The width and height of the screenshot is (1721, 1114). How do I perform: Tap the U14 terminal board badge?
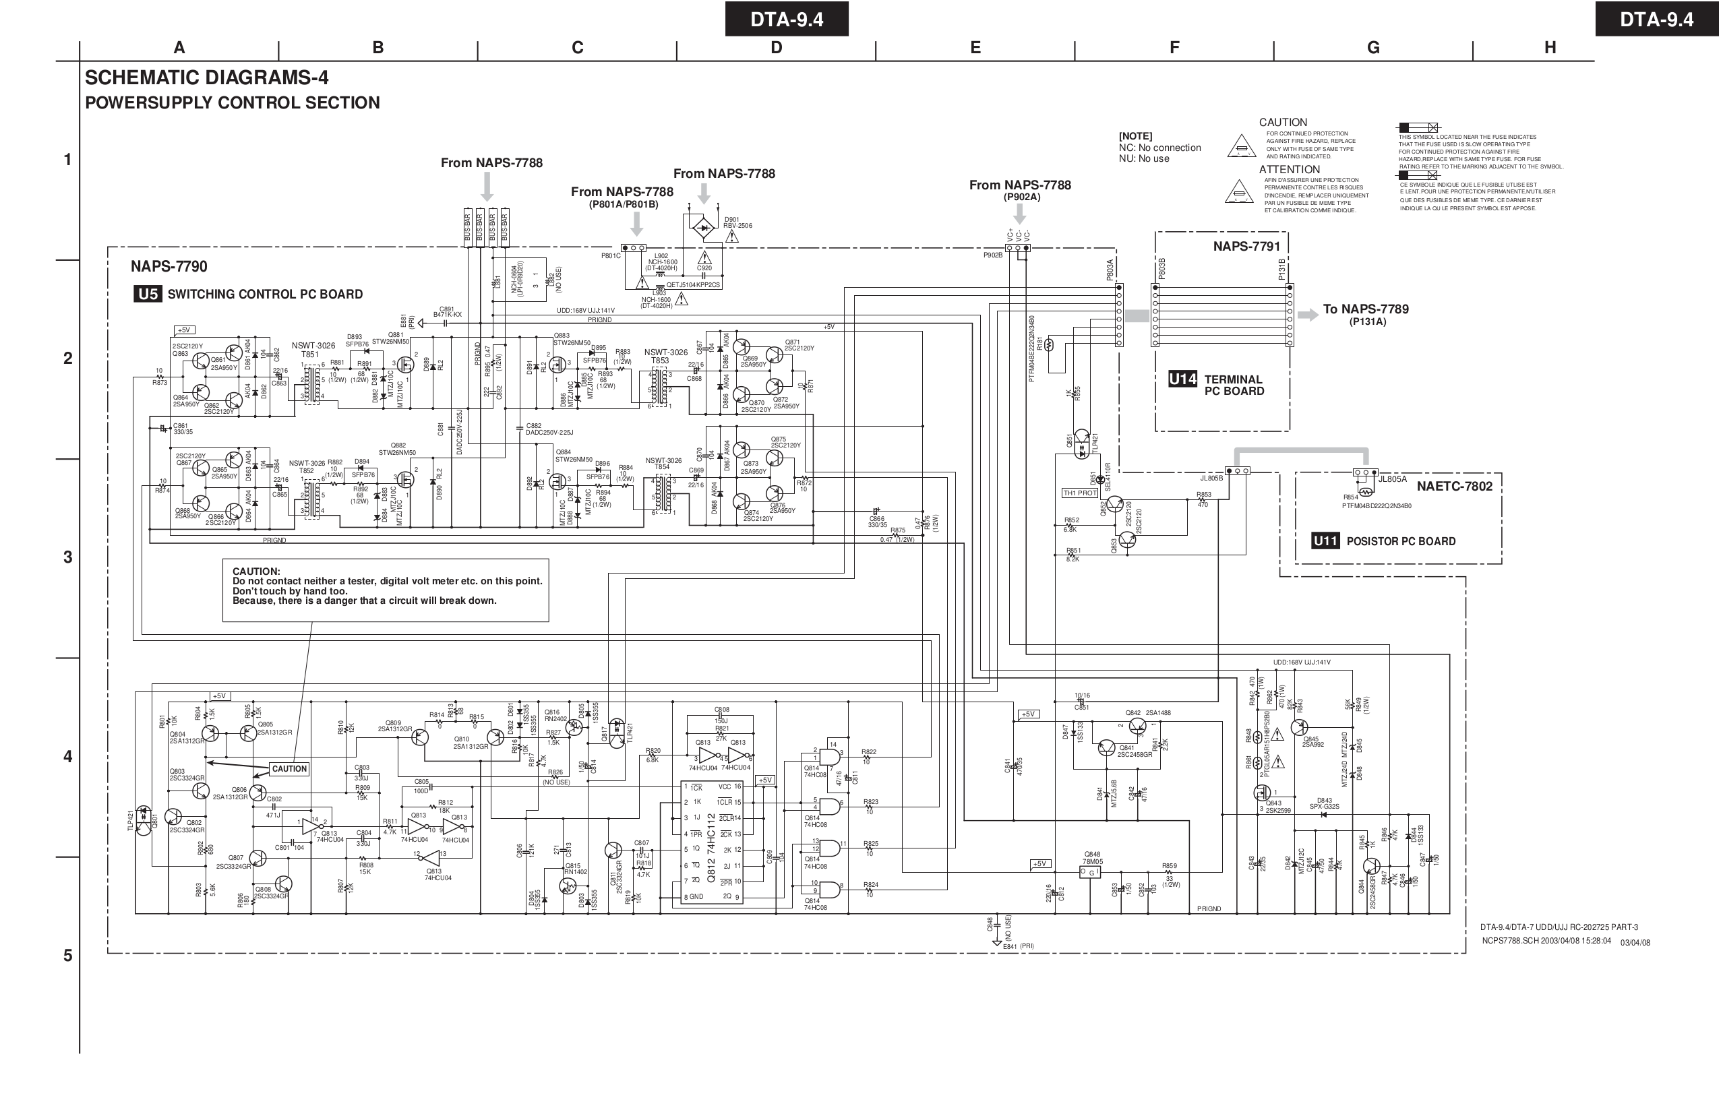[1182, 379]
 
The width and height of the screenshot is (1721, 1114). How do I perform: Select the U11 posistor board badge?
[1325, 540]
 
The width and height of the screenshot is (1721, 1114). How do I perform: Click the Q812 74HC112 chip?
[713, 842]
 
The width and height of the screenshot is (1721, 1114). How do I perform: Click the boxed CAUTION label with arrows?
[289, 768]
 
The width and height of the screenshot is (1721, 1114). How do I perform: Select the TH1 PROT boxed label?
[1080, 493]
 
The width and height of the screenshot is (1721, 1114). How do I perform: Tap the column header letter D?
[776, 48]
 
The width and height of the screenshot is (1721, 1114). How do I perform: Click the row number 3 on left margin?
[68, 557]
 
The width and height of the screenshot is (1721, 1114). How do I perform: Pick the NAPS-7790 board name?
[169, 267]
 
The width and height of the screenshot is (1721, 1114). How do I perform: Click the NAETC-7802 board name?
[1454, 486]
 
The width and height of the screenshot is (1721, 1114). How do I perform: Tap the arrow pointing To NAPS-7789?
[1307, 315]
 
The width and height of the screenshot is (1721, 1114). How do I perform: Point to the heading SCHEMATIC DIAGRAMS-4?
[206, 78]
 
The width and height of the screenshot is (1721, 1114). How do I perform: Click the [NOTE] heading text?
[1135, 136]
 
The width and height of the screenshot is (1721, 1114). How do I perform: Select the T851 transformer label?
[310, 354]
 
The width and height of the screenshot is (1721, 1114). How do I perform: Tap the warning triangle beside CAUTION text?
[1241, 146]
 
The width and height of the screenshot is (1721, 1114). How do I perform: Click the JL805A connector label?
[1392, 478]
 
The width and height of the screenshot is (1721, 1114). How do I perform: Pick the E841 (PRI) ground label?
[1018, 946]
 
